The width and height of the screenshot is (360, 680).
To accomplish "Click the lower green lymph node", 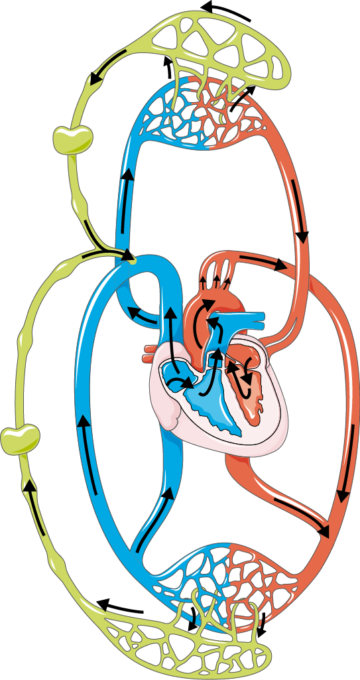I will (20, 437).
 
